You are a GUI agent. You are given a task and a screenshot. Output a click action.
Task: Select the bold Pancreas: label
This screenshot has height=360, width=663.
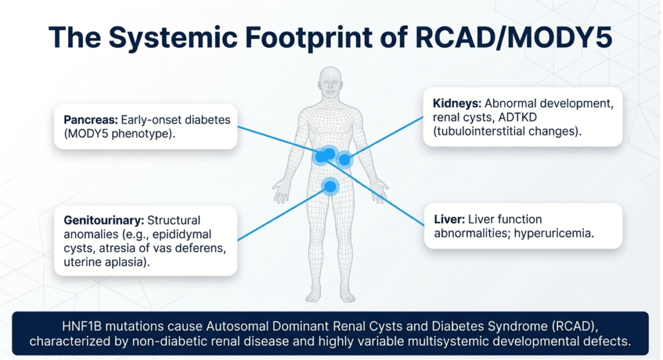coord(90,120)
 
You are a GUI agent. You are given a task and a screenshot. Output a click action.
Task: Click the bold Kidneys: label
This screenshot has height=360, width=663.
coord(456,104)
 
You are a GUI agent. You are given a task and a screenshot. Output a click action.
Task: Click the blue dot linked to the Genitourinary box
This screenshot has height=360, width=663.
coord(330,186)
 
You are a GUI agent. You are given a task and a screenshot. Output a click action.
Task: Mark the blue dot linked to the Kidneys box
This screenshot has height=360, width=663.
coord(344,159)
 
